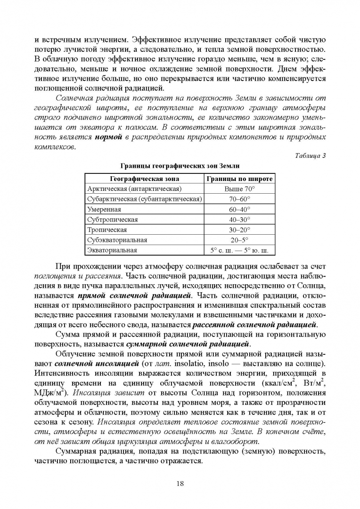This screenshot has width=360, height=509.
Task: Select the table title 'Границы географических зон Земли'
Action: pos(180,165)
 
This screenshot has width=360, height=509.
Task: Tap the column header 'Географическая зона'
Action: pos(144,179)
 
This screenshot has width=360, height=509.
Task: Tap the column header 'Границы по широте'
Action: pos(239,179)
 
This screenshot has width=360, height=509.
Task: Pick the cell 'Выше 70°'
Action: pos(239,189)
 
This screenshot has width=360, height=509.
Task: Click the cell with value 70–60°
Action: pos(239,199)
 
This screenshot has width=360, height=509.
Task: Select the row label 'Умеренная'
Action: pos(104,209)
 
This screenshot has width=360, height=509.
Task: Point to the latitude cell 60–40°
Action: pos(239,209)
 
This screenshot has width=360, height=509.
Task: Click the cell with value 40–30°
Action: pos(239,220)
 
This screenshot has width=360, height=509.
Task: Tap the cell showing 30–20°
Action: pos(239,230)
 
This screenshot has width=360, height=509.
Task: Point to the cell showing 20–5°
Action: pos(239,240)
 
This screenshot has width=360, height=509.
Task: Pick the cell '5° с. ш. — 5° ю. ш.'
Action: pos(239,250)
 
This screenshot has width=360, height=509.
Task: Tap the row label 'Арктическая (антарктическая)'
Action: pos(134,189)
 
